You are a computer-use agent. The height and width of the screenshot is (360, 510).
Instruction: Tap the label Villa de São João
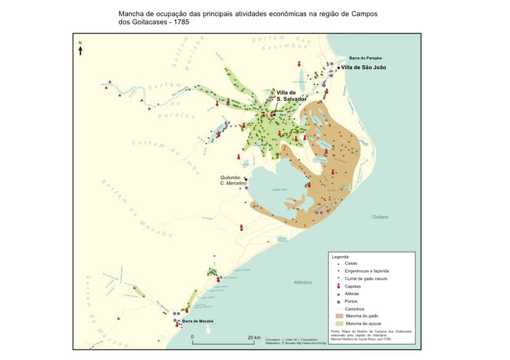coord(363,67)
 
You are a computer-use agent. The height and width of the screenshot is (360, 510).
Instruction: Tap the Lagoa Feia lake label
coord(281,190)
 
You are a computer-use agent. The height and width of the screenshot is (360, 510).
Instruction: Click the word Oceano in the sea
coord(380,217)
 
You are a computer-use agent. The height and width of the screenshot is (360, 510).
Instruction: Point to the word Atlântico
coord(303,282)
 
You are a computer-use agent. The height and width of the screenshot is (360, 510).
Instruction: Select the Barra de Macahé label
coord(197,321)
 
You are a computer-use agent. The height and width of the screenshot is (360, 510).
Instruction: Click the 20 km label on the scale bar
coord(254,337)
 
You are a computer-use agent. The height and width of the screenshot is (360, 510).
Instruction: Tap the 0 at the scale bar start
coord(192,337)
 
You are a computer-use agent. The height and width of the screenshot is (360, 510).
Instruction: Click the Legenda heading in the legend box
coord(340,257)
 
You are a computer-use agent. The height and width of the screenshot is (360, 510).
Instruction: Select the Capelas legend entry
coord(354,286)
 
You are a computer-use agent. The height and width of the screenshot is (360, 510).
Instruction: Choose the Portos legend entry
coord(352,302)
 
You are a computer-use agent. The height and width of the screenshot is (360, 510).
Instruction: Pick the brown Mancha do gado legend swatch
coord(338,316)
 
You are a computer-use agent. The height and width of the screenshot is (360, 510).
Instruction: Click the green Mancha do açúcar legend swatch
coord(338,324)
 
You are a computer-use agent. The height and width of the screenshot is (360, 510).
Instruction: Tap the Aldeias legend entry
coord(353,294)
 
